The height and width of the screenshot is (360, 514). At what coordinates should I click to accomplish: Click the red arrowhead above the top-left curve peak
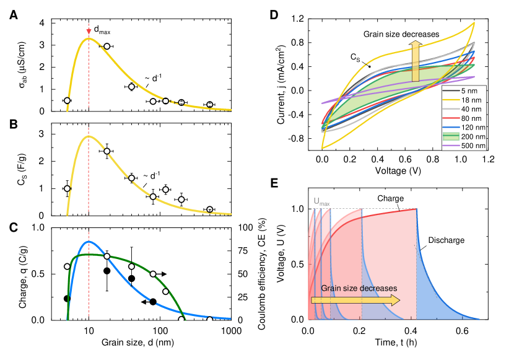[x=89, y=32]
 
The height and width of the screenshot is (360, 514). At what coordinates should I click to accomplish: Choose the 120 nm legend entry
[x=464, y=127]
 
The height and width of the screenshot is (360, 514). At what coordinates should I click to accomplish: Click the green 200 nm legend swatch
[x=451, y=136]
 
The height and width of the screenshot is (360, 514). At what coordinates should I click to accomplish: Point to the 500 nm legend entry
[x=464, y=146]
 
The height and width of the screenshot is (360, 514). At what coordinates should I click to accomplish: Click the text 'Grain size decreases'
[x=359, y=288]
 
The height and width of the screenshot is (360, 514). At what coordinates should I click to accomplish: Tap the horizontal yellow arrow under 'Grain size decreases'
[x=355, y=300]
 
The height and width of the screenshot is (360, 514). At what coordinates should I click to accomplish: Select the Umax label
[x=321, y=201]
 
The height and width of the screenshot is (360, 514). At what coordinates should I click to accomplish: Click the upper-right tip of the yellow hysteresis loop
[x=474, y=23]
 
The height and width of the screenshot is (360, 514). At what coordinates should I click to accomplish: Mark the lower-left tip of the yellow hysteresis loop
[x=322, y=147]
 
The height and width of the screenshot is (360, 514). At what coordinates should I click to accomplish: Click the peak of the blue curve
[x=89, y=241]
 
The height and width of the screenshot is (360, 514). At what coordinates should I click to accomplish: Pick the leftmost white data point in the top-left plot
[x=67, y=100]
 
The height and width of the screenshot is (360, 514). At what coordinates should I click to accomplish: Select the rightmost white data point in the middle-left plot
[x=210, y=209]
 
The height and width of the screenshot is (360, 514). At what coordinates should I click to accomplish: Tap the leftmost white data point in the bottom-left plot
[x=67, y=266]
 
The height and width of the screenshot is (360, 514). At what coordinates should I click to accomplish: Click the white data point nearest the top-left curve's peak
[x=107, y=46]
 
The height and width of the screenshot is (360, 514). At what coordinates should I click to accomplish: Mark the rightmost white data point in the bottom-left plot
[x=210, y=319]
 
